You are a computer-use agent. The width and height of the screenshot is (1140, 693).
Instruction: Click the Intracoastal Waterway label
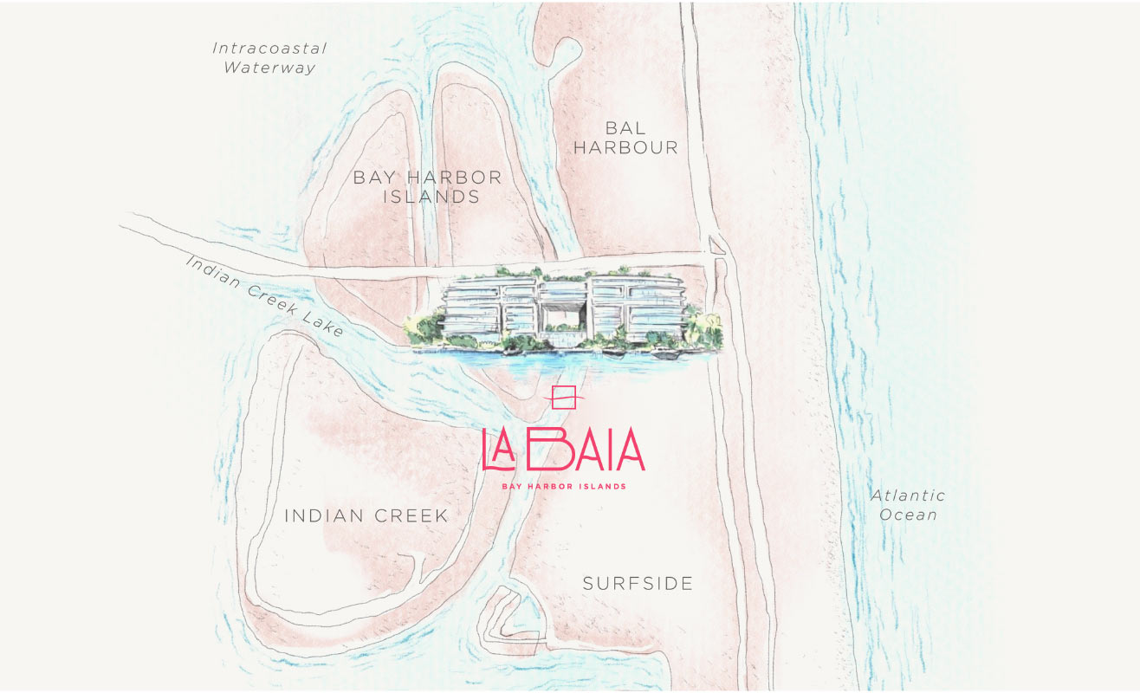point(269,57)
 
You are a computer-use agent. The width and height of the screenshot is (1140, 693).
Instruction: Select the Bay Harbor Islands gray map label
point(428,187)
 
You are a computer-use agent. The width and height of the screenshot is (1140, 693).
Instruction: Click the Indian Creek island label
point(366,516)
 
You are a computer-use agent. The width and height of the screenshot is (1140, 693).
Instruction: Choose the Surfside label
point(638,584)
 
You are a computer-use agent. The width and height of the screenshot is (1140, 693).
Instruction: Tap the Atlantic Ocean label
point(908,505)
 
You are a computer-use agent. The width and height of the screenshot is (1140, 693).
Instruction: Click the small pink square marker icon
point(564,397)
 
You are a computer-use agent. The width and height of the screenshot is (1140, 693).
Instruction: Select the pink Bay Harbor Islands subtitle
point(563,487)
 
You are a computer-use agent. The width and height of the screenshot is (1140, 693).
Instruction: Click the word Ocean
point(909,515)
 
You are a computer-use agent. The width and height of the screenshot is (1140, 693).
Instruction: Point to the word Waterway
point(269,68)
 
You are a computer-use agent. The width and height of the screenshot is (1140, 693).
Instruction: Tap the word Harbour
point(625,148)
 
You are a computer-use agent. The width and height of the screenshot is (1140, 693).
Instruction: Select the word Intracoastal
point(269,48)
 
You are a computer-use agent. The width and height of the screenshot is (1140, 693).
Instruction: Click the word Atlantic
point(908,495)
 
